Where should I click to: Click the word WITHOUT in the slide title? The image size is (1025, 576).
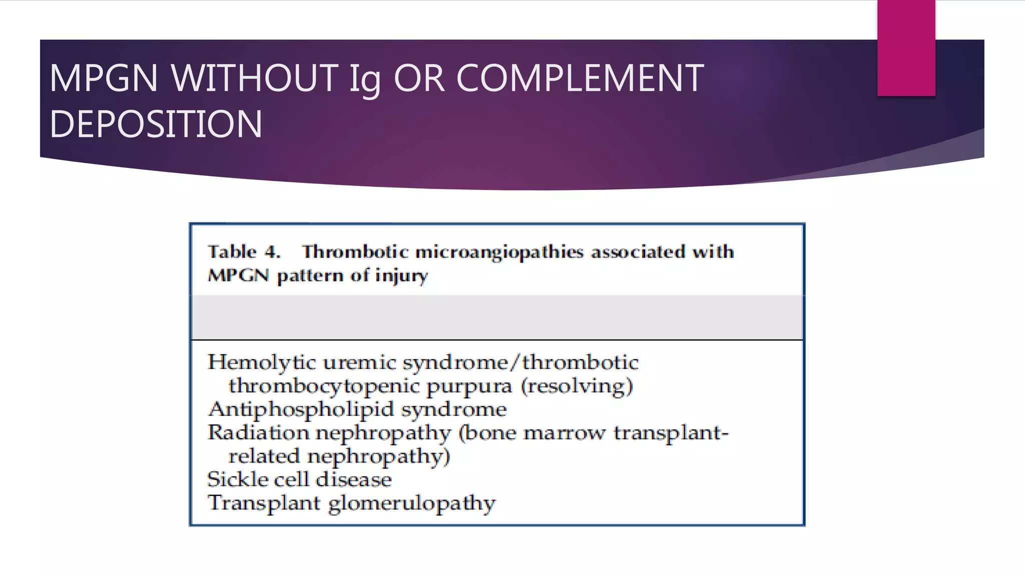coord(254,78)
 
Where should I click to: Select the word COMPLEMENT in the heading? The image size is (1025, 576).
coord(580,78)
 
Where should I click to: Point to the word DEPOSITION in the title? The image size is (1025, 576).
coord(156,124)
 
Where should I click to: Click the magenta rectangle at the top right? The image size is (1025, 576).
coord(906,47)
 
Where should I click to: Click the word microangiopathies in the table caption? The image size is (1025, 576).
coord(499,252)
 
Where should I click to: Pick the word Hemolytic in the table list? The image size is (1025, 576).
coord(261,362)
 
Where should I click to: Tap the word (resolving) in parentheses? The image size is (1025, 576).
coord(577,386)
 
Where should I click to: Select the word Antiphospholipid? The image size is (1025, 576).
coord(301,409)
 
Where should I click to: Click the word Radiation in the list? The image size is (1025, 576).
coord(258,432)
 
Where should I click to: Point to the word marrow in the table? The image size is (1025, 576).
coord(564,433)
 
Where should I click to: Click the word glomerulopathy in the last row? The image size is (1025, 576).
coord(411,503)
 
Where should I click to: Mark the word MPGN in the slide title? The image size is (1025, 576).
coord(103,78)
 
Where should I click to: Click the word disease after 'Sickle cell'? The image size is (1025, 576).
coord(354,479)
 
